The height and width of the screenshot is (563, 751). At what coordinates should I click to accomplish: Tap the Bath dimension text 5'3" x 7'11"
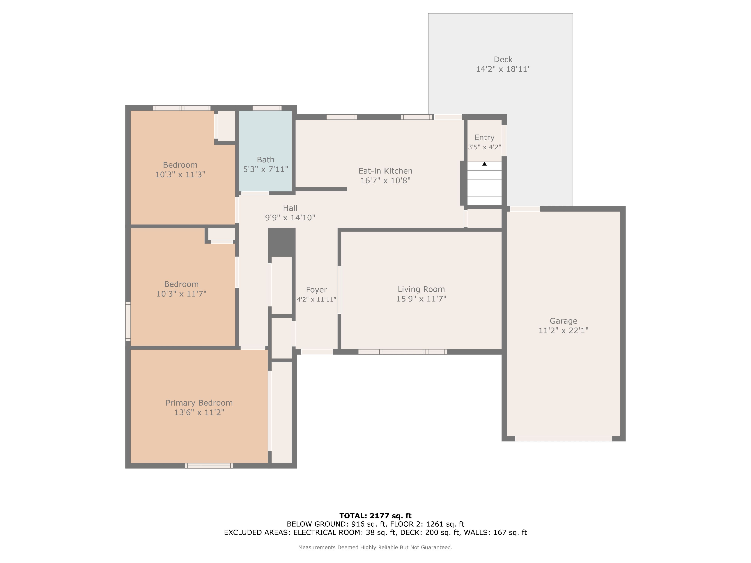266,169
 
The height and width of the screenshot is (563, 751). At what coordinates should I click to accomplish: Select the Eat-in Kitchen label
385,171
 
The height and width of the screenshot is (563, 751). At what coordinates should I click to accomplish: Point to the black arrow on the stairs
484,164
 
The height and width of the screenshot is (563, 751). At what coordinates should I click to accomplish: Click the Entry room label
484,137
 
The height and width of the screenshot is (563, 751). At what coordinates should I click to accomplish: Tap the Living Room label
421,289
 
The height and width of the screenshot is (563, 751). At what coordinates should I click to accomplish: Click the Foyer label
316,290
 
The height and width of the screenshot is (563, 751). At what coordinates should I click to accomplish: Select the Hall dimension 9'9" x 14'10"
290,218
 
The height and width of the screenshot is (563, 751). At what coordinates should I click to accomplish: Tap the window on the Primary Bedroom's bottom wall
209,466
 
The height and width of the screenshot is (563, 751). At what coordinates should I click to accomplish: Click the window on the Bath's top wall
267,108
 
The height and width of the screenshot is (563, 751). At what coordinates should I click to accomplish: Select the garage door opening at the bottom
564,439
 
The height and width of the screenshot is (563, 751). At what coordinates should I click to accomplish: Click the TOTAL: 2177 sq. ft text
375,516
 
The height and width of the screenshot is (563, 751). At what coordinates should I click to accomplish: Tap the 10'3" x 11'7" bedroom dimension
181,294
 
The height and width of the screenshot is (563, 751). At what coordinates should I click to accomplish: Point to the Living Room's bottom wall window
403,352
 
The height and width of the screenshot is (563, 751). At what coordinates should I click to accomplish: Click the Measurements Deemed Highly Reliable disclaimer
375,547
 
